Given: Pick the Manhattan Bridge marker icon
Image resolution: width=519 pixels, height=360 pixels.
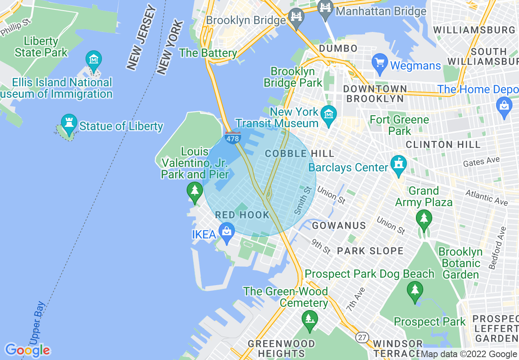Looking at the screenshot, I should point(325,9).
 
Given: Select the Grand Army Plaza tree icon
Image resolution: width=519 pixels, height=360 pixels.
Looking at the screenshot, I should point(424,219).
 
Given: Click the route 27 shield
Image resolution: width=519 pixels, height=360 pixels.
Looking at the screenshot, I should point(361,337).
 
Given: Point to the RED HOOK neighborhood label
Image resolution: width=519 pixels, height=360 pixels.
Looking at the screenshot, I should point(242,215).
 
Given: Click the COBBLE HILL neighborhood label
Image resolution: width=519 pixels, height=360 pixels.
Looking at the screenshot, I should point(300,154).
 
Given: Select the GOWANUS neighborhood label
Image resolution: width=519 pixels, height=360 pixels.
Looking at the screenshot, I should point(339,225).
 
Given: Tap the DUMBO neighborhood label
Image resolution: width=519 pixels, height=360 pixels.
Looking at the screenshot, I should point(338,48).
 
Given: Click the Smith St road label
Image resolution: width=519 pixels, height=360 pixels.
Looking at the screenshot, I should point(303,200).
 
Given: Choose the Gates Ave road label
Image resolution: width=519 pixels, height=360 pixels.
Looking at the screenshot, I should point(481,162).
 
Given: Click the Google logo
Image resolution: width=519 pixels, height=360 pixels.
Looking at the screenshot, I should point(27,350).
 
